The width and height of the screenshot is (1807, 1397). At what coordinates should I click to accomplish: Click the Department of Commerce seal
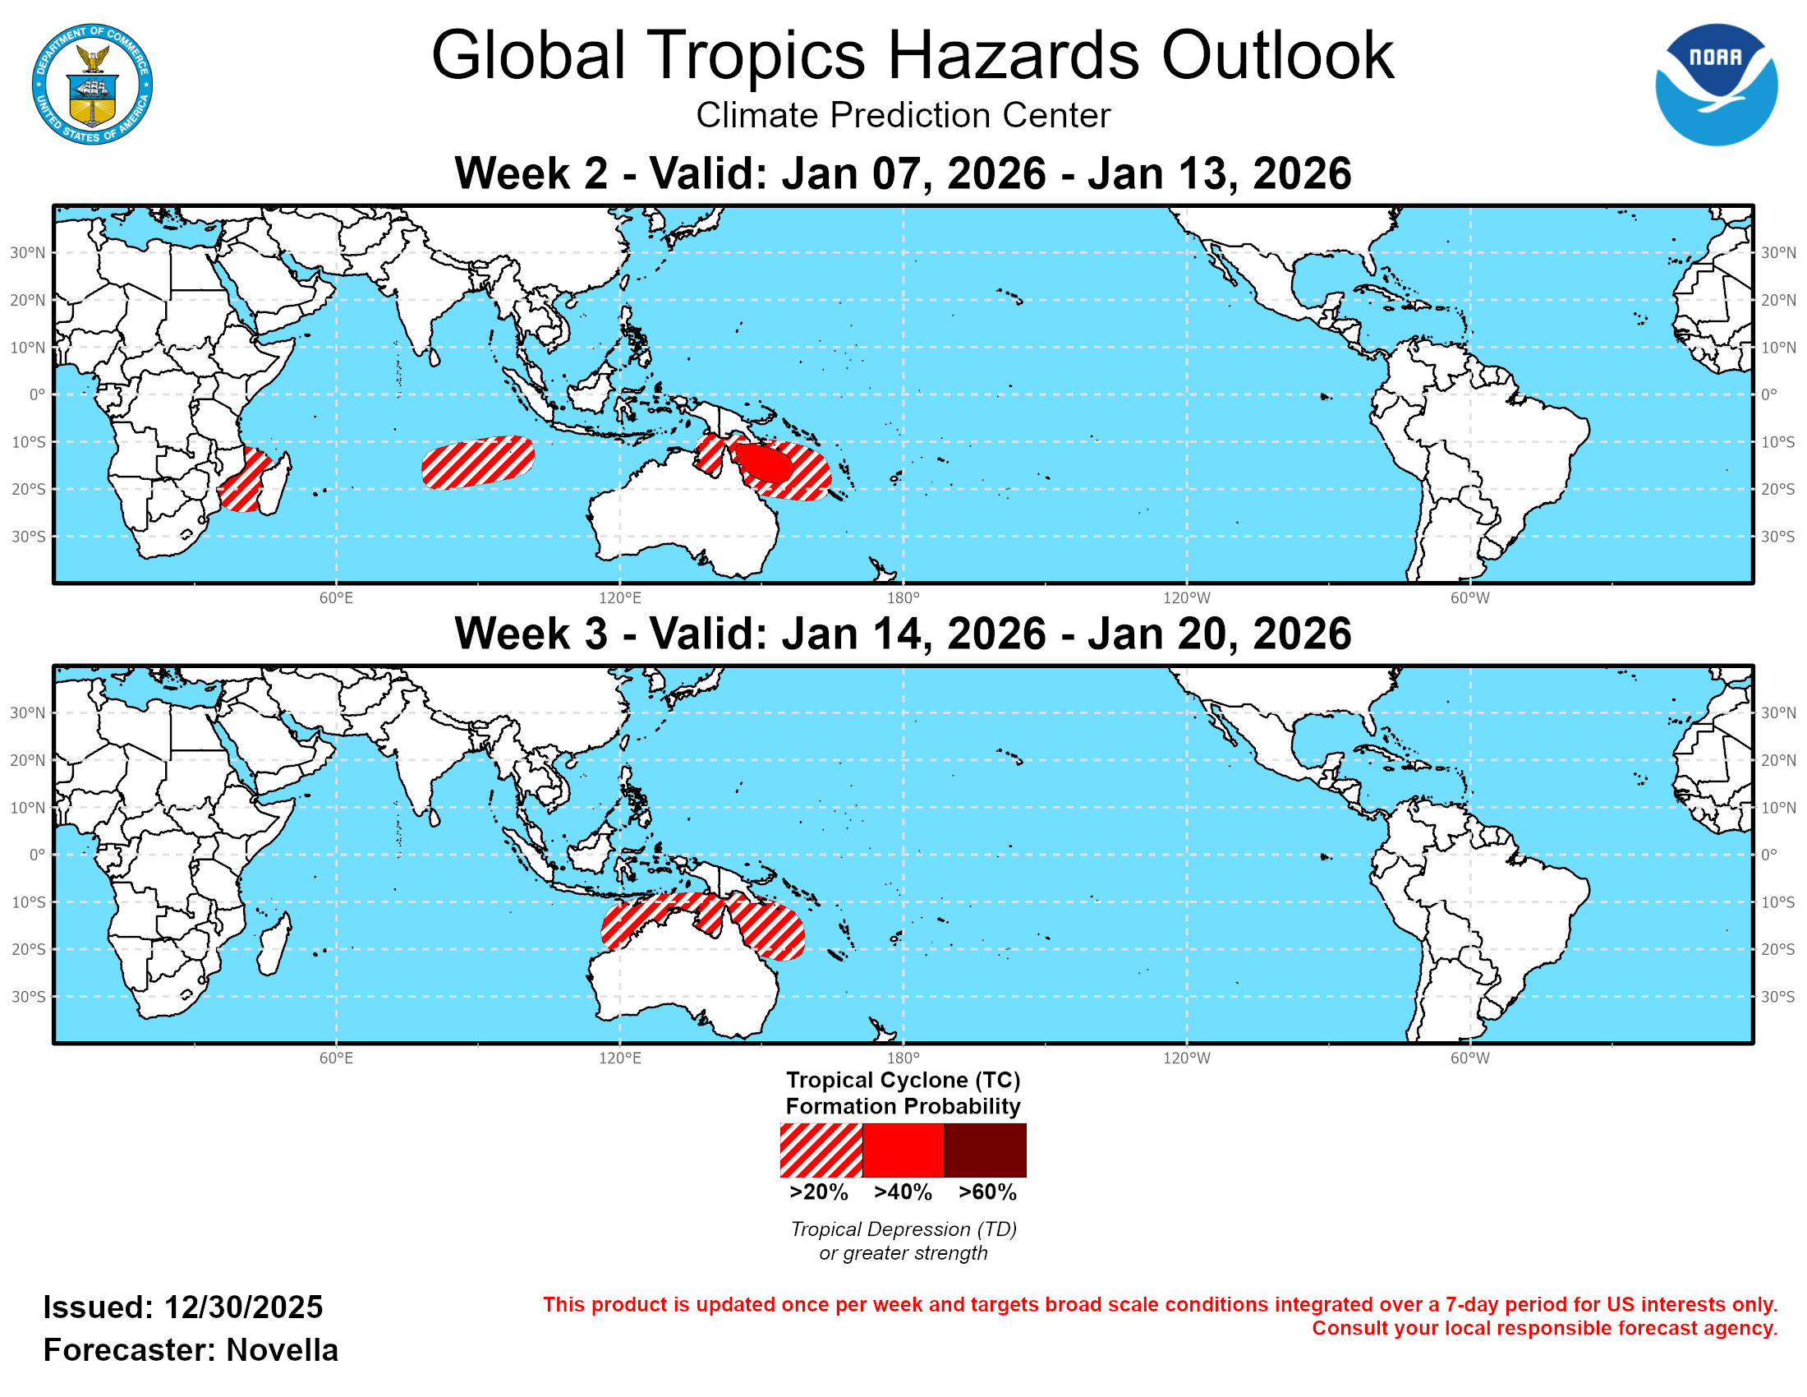[x=92, y=85]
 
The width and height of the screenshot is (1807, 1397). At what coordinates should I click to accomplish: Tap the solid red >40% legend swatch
[x=903, y=1150]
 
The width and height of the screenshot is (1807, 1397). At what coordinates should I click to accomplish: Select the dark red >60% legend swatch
[x=985, y=1150]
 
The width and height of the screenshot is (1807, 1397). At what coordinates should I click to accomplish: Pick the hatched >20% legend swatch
[x=821, y=1150]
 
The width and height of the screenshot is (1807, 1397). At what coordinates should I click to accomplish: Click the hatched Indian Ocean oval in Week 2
[x=478, y=463]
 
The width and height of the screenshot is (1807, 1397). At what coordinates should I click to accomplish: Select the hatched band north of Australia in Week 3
[x=703, y=920]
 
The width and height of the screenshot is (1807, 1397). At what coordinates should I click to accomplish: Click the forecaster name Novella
[x=282, y=1350]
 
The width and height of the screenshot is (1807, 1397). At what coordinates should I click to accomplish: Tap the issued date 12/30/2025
[x=243, y=1307]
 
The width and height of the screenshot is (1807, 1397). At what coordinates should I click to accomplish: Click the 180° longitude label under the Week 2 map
[x=903, y=598]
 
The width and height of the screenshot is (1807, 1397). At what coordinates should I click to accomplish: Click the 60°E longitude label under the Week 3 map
[x=336, y=1058]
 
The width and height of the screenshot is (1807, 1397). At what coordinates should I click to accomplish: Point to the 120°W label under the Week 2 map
[x=1187, y=598]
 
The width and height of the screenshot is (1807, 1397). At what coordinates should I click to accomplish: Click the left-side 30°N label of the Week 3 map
[x=26, y=712]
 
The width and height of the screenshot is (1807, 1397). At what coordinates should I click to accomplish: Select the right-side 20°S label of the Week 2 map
[x=1777, y=489]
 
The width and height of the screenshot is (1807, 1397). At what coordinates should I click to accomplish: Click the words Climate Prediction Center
[x=903, y=115]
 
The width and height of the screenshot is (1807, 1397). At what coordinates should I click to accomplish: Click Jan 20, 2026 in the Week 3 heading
[x=1219, y=634]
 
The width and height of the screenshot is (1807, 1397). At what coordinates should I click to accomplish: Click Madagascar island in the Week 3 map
[x=274, y=945]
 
